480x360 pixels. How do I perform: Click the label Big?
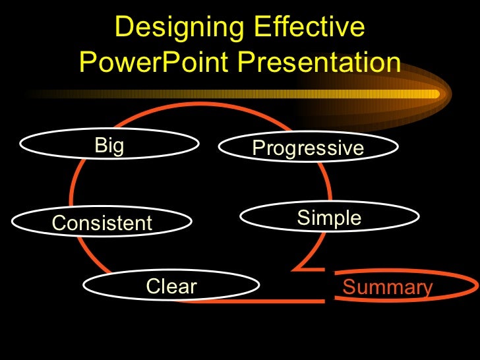[109, 146]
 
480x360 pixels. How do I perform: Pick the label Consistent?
[102, 224]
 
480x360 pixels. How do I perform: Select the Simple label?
[329, 218]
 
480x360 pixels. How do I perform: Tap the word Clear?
[171, 287]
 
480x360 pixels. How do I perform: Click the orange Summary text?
[388, 288]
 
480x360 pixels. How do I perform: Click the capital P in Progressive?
[258, 148]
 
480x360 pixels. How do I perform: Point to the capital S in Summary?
[349, 288]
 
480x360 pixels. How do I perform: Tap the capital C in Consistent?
[58, 224]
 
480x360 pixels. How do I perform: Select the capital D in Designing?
[123, 28]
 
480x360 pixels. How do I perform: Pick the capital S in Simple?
[303, 218]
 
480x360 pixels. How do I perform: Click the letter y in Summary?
[427, 290]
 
